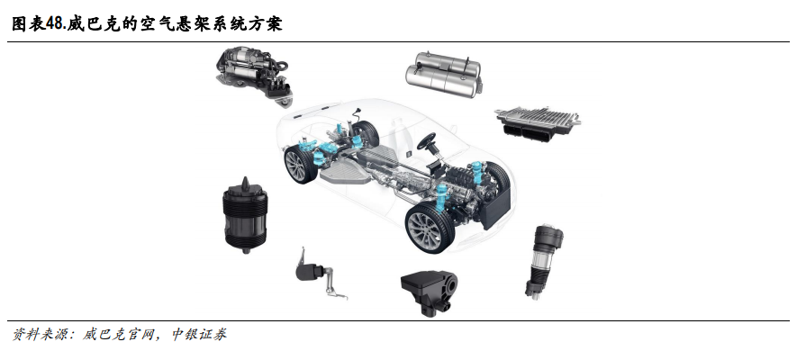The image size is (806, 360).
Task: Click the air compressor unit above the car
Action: point(254,75)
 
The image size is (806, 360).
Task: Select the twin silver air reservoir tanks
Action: point(444,75)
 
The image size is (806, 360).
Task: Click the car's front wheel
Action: point(430,228)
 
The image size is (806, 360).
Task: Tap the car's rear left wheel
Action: point(300,165)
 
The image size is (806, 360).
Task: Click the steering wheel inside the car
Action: point(426,140)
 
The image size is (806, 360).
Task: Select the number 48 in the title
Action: point(56,23)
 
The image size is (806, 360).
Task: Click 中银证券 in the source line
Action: point(198,335)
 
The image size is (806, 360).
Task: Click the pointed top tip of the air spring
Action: point(245,178)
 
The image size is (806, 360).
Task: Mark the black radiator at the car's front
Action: point(496,208)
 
